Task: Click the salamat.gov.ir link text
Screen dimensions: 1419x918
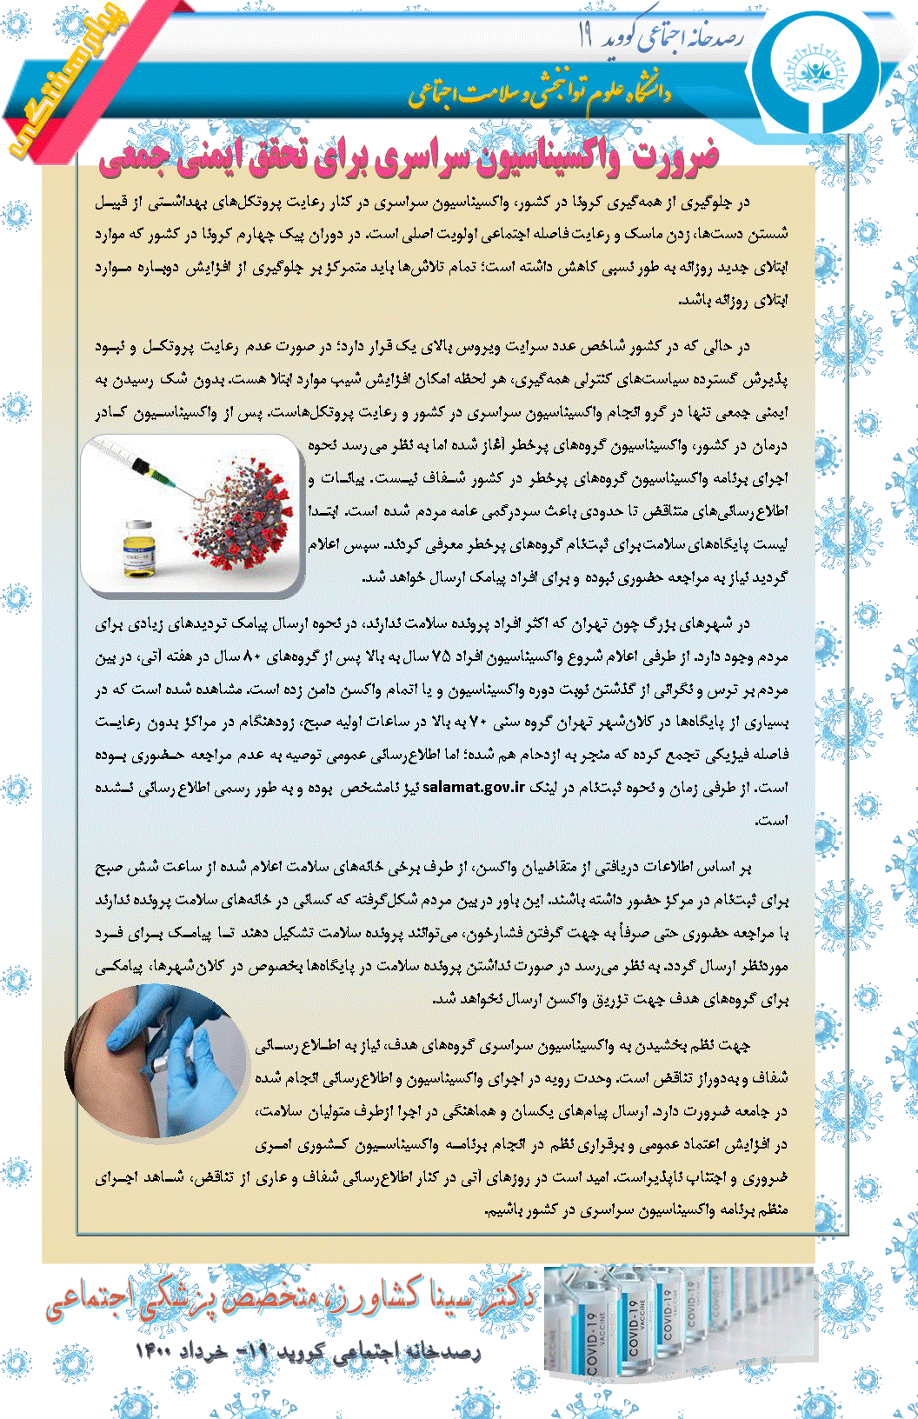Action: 474,788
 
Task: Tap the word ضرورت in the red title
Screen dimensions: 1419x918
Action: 676,155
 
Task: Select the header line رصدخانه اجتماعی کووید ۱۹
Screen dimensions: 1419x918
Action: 661,37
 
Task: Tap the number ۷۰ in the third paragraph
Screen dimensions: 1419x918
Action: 481,723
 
